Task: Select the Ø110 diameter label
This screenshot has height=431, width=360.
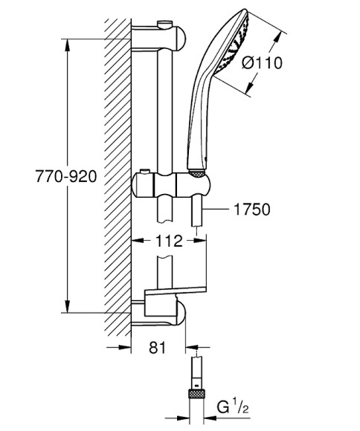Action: coord(263,63)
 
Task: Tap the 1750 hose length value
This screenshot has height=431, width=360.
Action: coord(251,210)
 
